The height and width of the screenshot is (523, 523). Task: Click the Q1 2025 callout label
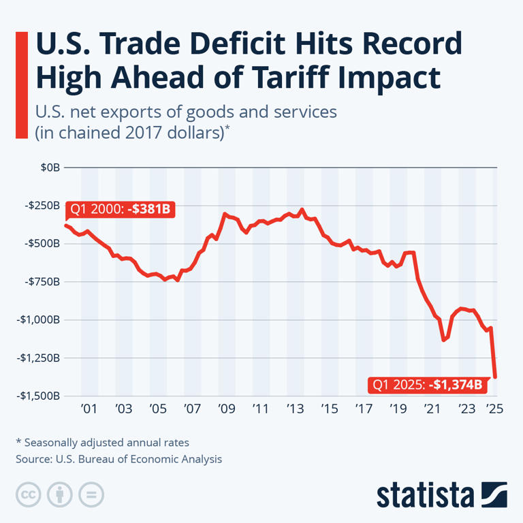(x=426, y=385)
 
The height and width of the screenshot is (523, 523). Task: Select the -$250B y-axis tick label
(x=42, y=205)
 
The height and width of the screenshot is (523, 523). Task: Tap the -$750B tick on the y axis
(x=42, y=281)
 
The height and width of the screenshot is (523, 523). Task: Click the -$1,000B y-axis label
(x=39, y=319)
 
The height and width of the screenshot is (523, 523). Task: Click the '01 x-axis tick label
(x=89, y=409)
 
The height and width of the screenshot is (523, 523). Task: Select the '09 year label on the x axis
(x=227, y=409)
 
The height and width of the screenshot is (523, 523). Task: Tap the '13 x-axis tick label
(x=296, y=409)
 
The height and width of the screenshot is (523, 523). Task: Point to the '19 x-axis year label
(x=398, y=409)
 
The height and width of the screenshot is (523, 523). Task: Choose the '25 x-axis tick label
(x=494, y=409)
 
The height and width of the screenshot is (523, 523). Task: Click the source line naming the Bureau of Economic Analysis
(x=118, y=459)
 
